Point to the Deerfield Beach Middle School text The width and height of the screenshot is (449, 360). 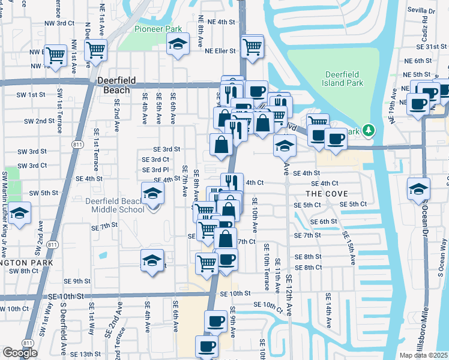118,205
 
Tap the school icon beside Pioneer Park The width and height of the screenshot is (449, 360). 178,44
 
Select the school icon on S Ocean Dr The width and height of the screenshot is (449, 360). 418,189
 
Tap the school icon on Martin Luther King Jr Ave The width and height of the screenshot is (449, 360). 20,214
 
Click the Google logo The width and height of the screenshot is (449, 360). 20,352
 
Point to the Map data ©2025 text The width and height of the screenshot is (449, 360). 423,355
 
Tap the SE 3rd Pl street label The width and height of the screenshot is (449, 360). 155,170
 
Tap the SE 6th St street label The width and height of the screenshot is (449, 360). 324,221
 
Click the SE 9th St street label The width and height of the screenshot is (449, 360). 77,281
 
